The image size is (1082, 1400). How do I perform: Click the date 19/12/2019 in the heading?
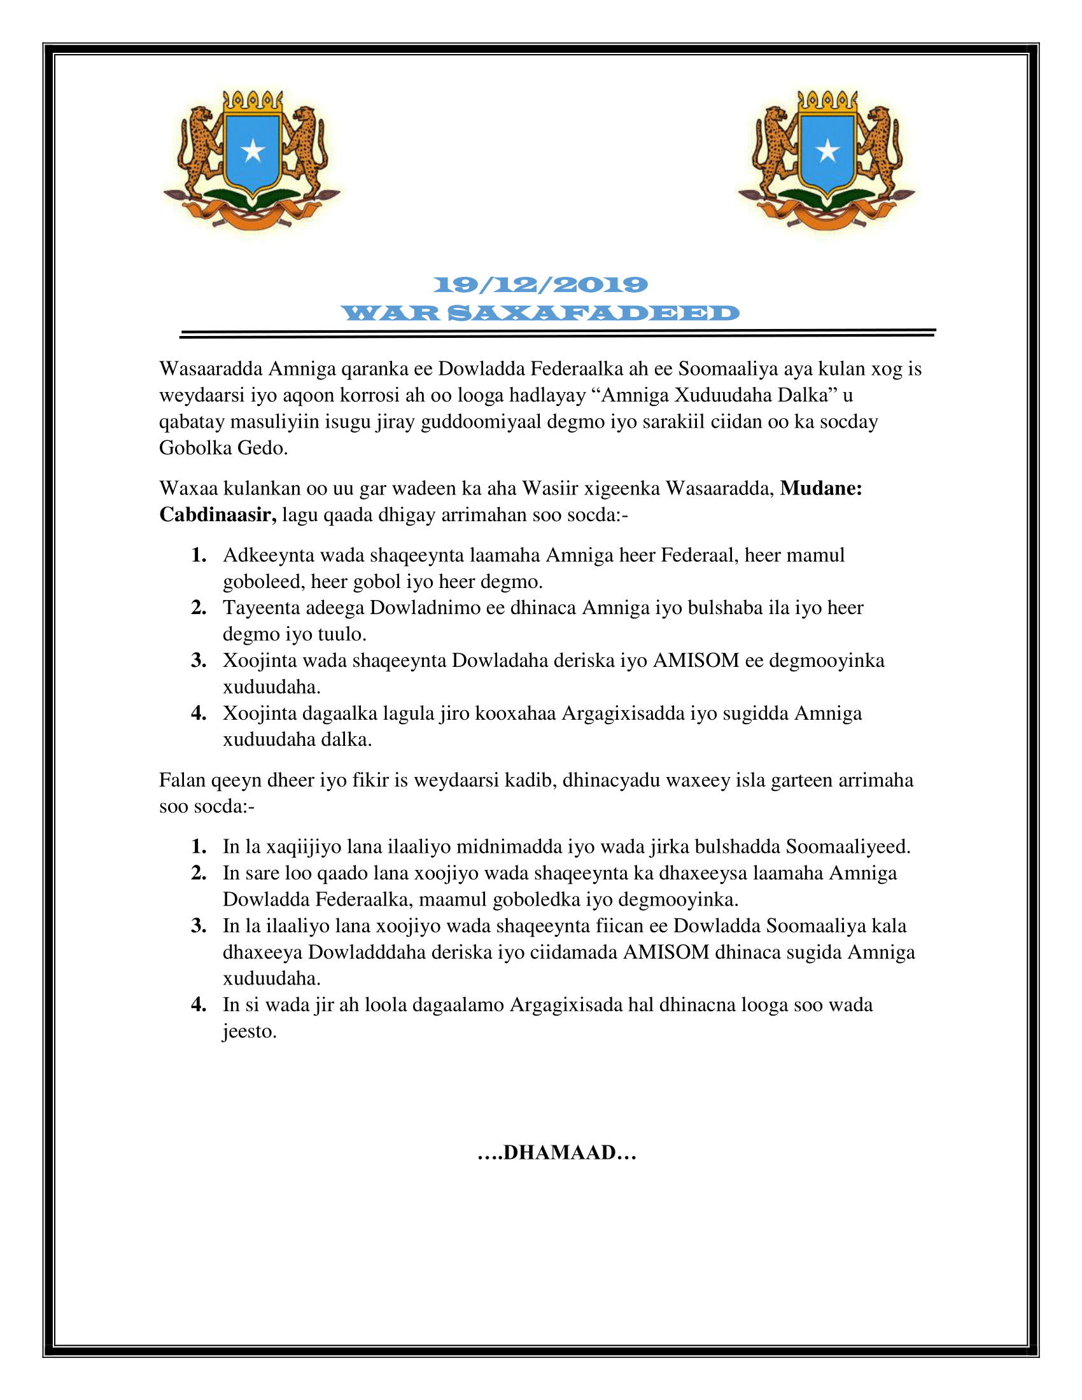(540, 284)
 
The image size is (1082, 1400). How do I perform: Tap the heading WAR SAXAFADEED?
(540, 314)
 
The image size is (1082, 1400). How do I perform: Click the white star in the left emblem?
(253, 151)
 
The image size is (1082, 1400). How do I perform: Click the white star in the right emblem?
(827, 151)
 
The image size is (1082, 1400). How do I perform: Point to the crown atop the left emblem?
(253, 101)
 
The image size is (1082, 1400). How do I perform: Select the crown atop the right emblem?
(827, 101)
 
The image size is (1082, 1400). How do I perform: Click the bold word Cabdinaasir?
(217, 515)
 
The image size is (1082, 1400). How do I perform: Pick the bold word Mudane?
(820, 489)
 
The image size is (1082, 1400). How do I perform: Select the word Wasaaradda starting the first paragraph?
(211, 369)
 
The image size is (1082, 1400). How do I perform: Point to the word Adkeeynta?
(269, 555)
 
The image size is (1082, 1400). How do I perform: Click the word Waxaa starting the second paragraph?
(188, 489)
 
